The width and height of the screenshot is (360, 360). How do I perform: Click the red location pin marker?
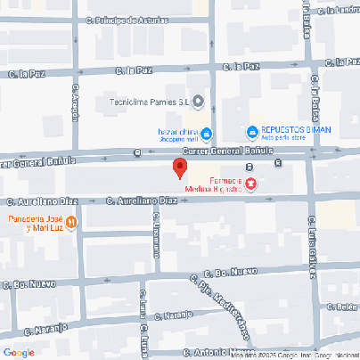(179, 168)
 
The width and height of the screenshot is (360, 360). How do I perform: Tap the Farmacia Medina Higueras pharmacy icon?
(251, 184)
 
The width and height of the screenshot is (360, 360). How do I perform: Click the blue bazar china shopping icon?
(207, 135)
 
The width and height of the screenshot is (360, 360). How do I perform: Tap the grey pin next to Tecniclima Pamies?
(198, 102)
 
